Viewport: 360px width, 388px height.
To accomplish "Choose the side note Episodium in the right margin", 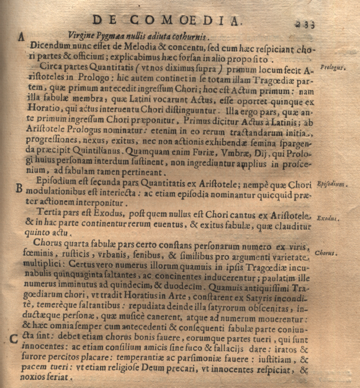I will click(332, 184).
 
